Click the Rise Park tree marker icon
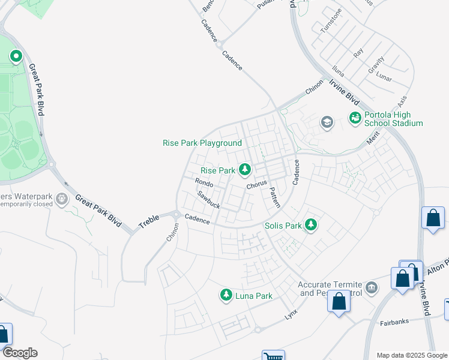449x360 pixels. tap(244, 170)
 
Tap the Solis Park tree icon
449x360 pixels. tap(310, 226)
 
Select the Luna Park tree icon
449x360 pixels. tap(226, 295)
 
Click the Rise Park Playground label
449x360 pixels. tap(202, 143)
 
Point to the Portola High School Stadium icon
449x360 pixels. tap(355, 118)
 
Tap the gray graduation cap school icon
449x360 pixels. tap(327, 123)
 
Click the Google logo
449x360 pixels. tap(19, 352)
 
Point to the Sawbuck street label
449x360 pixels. tap(209, 200)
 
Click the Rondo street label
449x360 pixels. tap(204, 183)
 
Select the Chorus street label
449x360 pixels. tap(256, 184)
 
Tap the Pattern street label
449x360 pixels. tap(274, 197)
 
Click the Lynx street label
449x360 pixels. tap(291, 314)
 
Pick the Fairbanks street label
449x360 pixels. tap(394, 322)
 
